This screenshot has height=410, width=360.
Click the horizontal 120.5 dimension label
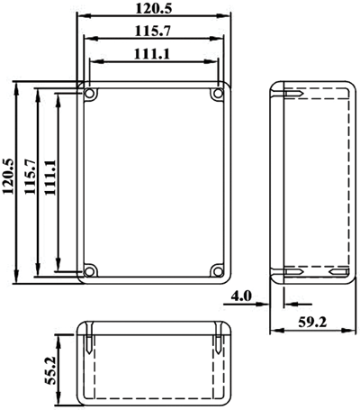[x=154, y=8]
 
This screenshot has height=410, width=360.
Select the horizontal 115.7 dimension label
[x=153, y=31]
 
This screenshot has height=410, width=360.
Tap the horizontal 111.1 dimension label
[x=152, y=54]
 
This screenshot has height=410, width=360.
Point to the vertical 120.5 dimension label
[x=8, y=177]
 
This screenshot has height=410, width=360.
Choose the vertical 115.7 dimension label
[x=31, y=177]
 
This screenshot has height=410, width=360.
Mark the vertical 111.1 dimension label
[x=50, y=178]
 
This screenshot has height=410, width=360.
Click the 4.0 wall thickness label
[x=241, y=296]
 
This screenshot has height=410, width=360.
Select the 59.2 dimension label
[x=312, y=323]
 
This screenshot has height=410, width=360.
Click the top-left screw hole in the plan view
[x=89, y=94]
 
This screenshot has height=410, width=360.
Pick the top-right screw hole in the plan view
[x=217, y=94]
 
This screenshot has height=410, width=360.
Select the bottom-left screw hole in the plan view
[x=89, y=271]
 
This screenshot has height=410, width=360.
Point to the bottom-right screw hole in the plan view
[x=217, y=271]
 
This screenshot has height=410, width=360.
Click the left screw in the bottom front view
[x=89, y=338]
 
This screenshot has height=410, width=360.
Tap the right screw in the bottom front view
[x=219, y=338]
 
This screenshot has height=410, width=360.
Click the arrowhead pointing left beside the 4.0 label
[x=290, y=305]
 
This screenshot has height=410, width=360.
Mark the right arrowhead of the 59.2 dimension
[x=349, y=331]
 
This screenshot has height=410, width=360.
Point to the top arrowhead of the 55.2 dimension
[x=60, y=340]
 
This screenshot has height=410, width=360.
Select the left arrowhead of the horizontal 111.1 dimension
[x=96, y=61]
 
